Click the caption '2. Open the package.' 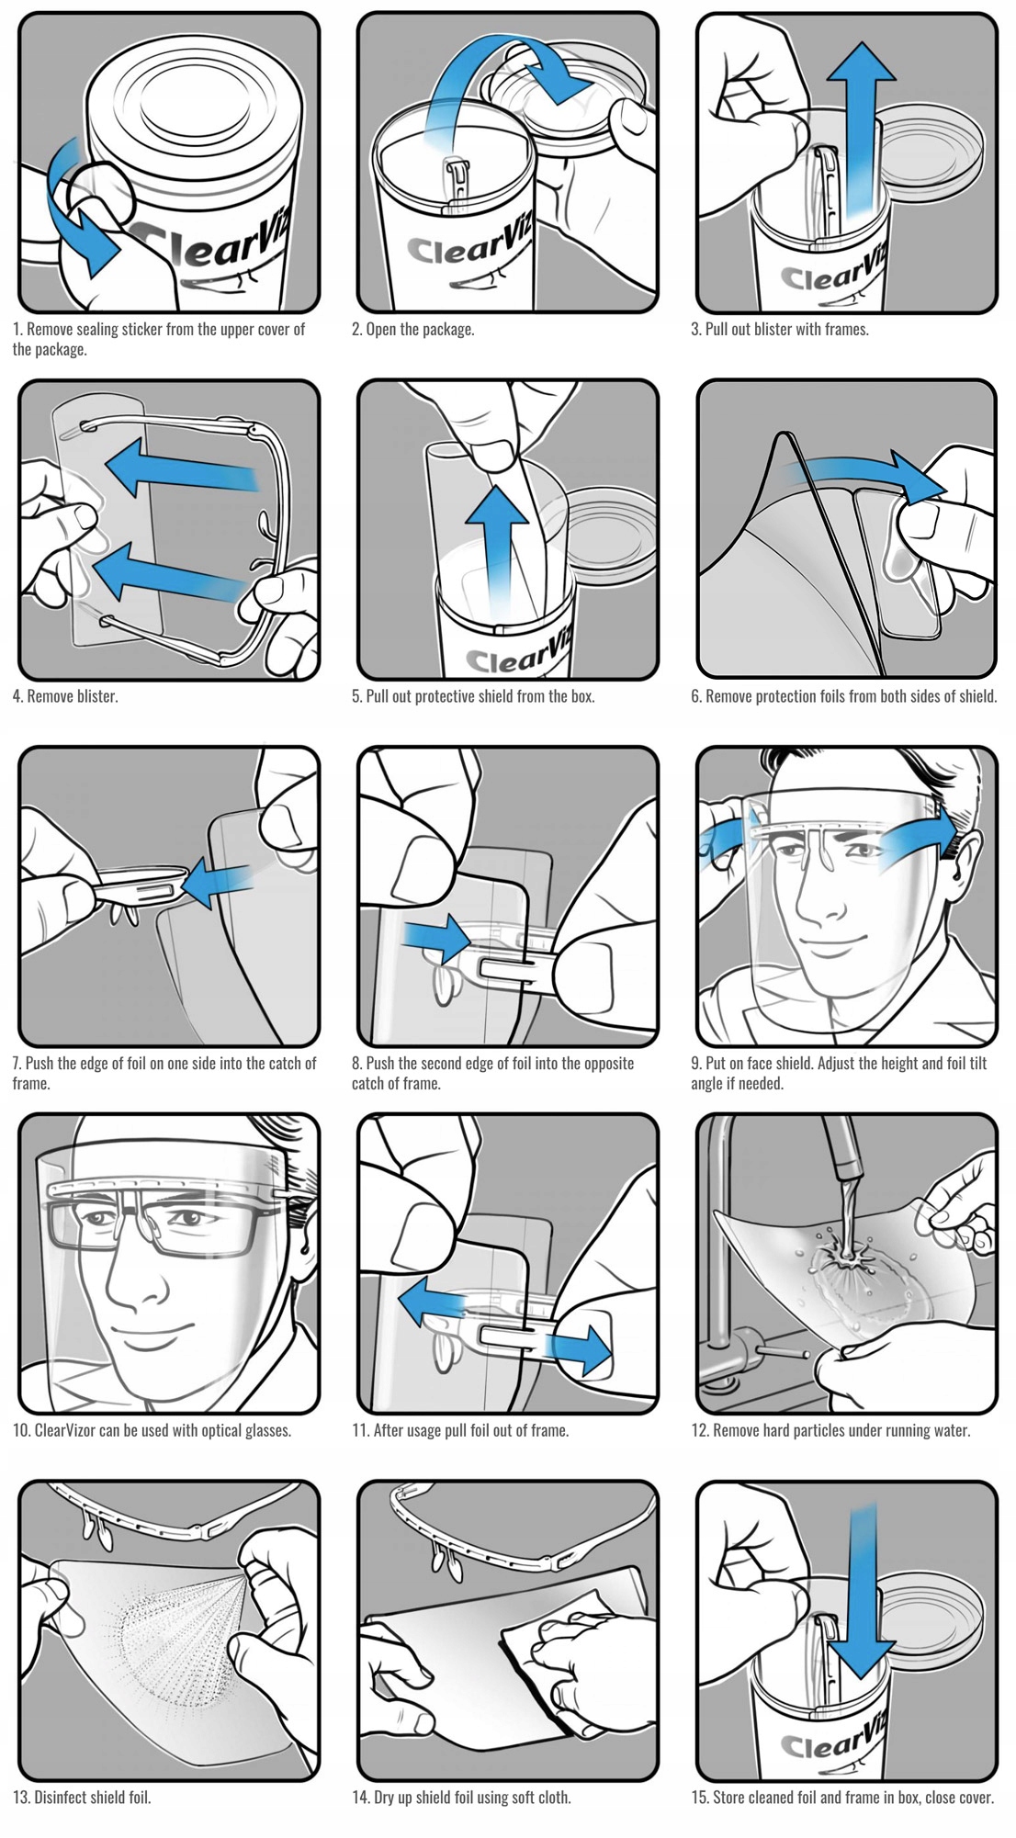pos(413,329)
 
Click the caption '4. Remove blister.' pos(65,696)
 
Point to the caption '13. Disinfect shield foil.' pos(82,1797)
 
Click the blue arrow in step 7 pos(217,884)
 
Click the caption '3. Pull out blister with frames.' pos(780,329)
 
